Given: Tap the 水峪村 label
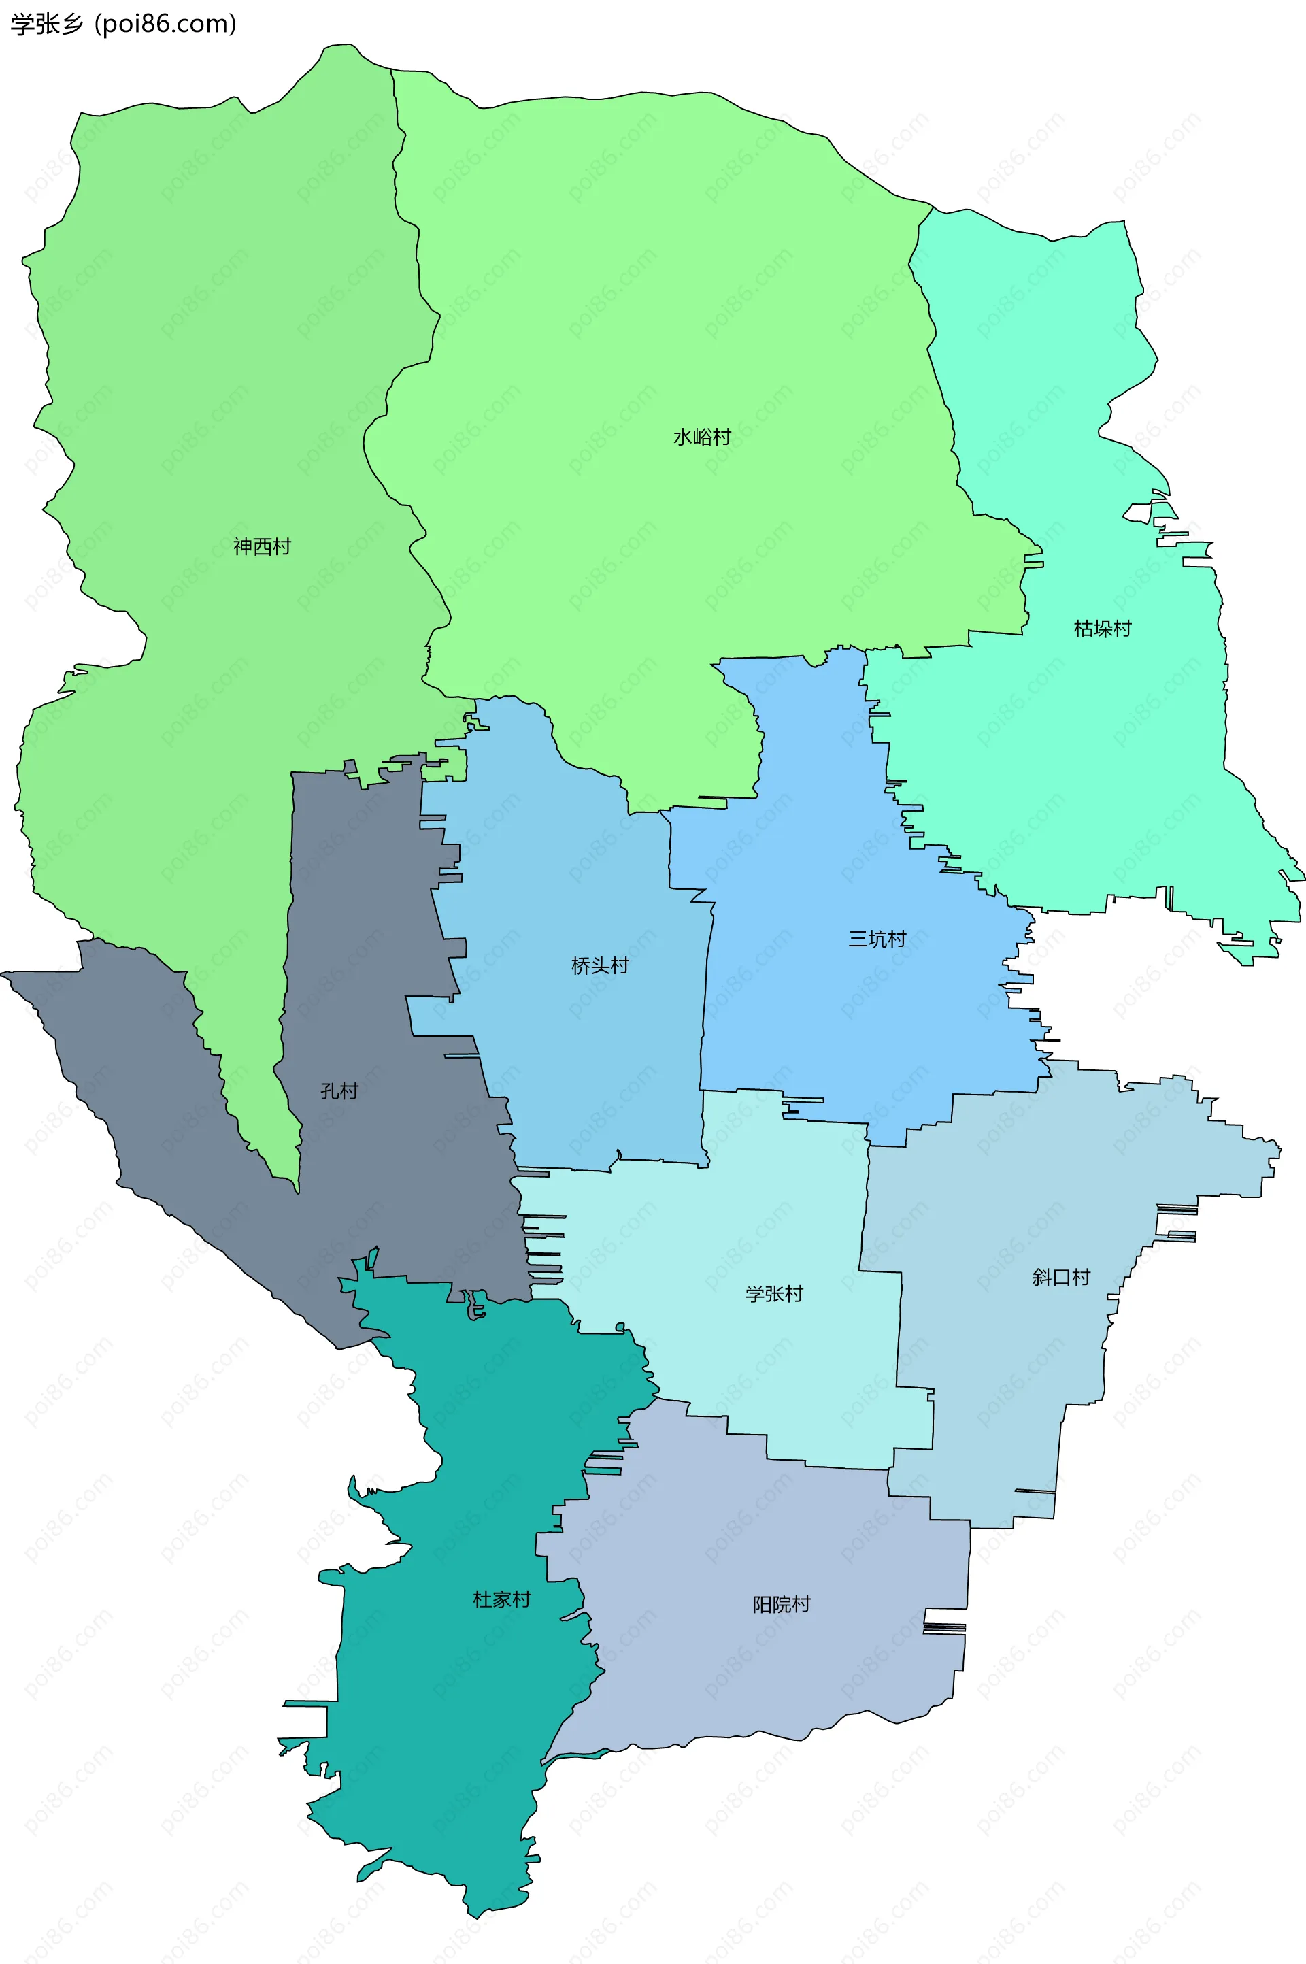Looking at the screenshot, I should tap(701, 437).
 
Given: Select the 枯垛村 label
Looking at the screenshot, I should tap(1102, 628).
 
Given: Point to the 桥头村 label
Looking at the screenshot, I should tap(600, 965).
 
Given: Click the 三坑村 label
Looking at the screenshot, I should tap(877, 939).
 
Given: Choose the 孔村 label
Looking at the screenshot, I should tap(339, 1091).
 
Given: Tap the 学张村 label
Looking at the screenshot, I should tap(774, 1293).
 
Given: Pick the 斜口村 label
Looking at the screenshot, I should tap(1061, 1277).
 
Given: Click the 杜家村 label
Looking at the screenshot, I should tap(501, 1599).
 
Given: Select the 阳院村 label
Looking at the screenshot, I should tap(782, 1604).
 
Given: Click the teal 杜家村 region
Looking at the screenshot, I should tap(467, 1708).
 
